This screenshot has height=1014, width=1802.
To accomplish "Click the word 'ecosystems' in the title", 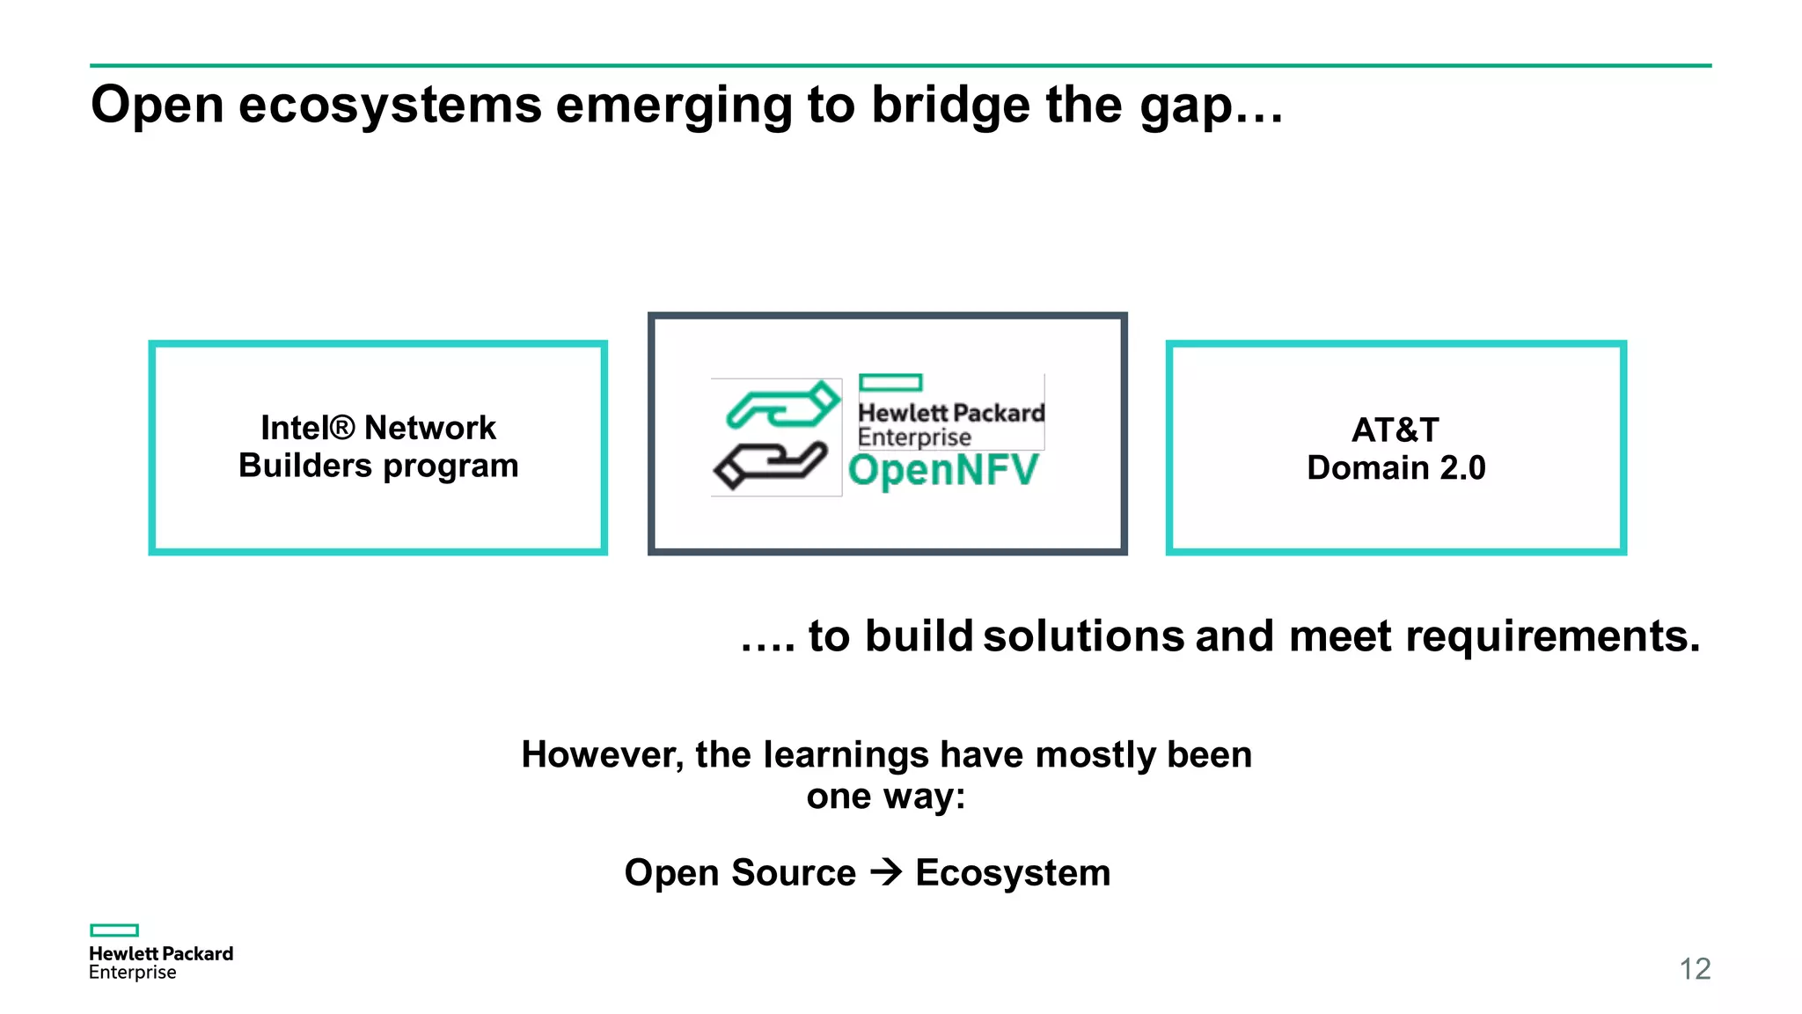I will pyautogui.click(x=390, y=106).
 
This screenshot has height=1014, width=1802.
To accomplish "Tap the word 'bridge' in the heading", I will pyautogui.click(x=950, y=106).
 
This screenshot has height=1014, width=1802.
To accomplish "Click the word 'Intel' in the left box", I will pyautogui.click(x=295, y=428).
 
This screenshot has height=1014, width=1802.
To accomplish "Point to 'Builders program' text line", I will pyautogui.click(x=378, y=466).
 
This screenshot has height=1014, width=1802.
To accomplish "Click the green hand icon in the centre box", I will pyautogui.click(x=782, y=406).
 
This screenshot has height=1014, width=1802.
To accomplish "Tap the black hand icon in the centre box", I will pyautogui.click(x=771, y=466).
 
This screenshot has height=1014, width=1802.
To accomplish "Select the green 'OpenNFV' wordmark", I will pyautogui.click(x=943, y=470).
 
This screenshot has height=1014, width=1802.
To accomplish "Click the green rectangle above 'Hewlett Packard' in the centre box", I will pyautogui.click(x=890, y=382).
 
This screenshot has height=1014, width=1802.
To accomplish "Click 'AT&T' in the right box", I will pyautogui.click(x=1395, y=430).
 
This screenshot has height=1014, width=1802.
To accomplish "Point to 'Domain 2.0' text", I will pyautogui.click(x=1395, y=468).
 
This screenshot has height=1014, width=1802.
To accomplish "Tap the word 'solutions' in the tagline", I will pyautogui.click(x=1084, y=636).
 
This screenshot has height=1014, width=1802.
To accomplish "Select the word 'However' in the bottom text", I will pyautogui.click(x=602, y=755).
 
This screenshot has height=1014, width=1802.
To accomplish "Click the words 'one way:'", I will pyautogui.click(x=886, y=797).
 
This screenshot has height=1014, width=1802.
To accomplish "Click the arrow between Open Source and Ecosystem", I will pyautogui.click(x=886, y=872).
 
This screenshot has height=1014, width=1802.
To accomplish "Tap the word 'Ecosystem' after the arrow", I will pyautogui.click(x=1013, y=873).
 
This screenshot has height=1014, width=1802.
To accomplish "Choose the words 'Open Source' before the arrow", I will pyautogui.click(x=740, y=873).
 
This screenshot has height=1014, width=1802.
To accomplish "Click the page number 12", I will pyautogui.click(x=1695, y=969).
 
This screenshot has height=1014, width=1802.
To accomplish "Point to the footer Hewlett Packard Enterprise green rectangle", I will pyautogui.click(x=114, y=930).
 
